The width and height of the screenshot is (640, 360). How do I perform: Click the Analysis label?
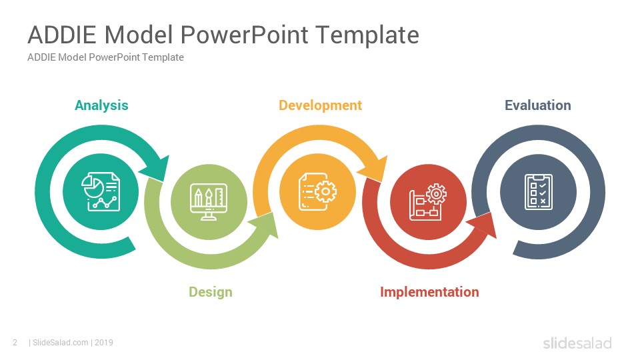point(101,105)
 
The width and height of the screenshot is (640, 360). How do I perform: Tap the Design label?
point(211,292)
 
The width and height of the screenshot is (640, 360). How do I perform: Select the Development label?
point(321,105)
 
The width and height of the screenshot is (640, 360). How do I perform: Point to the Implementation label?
point(429,292)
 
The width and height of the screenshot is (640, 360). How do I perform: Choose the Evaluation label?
point(538,105)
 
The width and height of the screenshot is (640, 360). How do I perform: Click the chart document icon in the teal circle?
point(101,191)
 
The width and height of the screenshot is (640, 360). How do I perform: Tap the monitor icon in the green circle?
point(209,201)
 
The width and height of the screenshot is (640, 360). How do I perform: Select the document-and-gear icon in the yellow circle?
point(317,191)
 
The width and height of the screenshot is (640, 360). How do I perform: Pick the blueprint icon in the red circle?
point(428,201)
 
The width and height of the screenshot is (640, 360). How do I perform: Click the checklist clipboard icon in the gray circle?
point(539,192)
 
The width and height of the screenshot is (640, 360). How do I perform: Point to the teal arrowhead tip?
point(164,181)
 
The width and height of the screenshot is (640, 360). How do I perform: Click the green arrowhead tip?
point(278,238)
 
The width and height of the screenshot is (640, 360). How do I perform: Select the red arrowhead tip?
point(496,238)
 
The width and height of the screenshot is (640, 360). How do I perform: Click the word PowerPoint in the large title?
point(245,35)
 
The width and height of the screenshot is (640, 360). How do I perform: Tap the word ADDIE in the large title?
point(62,35)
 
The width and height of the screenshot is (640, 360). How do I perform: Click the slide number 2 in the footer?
point(15,343)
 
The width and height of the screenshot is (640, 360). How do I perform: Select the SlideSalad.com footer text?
point(61,343)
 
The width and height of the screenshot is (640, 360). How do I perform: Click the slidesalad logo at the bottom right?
point(577,343)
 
